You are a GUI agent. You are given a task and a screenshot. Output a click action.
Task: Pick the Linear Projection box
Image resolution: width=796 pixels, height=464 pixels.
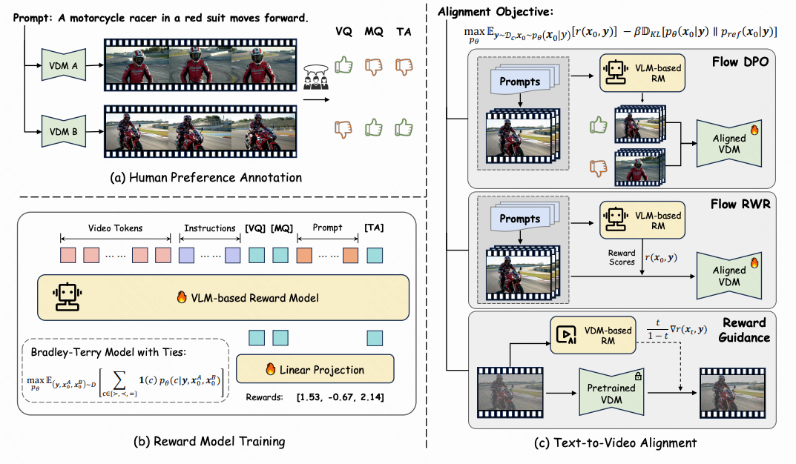(315, 369)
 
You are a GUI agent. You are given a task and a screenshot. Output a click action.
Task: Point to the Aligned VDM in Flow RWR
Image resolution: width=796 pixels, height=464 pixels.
(729, 276)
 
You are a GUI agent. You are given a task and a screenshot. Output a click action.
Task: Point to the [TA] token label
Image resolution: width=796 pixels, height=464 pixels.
(375, 228)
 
